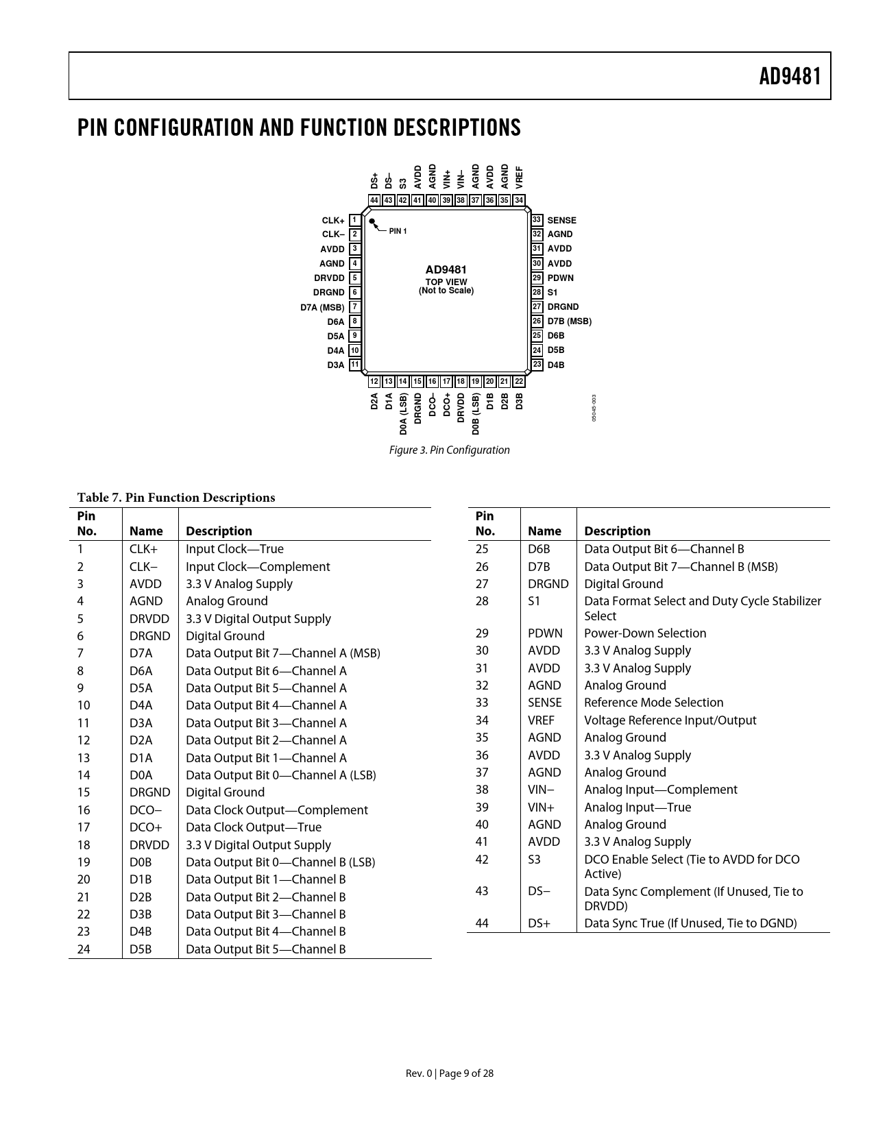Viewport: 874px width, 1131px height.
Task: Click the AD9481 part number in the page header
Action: tap(789, 77)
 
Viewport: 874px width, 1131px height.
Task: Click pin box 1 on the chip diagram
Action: tap(354, 220)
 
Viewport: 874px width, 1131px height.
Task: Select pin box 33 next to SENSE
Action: tap(537, 220)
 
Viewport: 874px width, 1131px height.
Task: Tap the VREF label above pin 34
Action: tap(519, 177)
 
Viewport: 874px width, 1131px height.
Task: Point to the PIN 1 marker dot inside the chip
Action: tap(372, 221)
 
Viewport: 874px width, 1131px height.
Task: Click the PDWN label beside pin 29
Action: tap(560, 278)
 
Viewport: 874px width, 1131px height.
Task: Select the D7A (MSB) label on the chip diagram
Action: tap(322, 307)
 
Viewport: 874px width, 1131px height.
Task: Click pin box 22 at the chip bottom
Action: tap(519, 381)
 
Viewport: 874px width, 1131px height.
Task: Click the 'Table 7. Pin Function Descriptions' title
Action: tap(175, 498)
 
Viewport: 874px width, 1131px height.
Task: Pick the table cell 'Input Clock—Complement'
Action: tap(258, 567)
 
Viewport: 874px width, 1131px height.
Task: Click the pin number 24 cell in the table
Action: tap(84, 949)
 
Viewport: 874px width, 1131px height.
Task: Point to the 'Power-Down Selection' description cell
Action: tap(644, 633)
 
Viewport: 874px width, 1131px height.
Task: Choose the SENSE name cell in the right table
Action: tap(544, 703)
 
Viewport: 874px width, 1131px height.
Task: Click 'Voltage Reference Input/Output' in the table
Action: tap(670, 720)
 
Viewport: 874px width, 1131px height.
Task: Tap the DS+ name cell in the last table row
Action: tap(539, 923)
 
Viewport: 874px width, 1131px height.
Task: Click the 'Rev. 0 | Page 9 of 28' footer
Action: tap(449, 1073)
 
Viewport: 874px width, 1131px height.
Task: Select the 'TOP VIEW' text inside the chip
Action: tap(446, 282)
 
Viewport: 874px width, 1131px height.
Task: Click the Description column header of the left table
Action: tap(219, 531)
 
